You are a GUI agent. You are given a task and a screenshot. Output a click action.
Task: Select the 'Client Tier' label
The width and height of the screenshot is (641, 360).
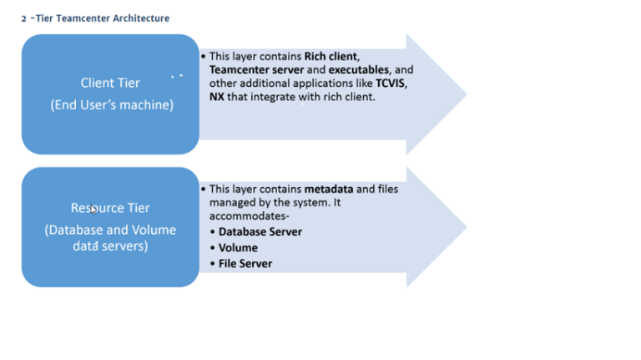point(110,83)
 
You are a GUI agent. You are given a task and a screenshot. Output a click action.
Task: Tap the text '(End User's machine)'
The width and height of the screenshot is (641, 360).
point(110,104)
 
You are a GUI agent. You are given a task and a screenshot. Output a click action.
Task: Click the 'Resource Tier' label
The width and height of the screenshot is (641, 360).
point(110,208)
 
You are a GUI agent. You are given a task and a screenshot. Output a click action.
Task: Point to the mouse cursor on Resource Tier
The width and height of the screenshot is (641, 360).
point(94,210)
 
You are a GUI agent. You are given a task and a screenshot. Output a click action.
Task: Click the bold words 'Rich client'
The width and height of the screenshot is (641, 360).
point(331,56)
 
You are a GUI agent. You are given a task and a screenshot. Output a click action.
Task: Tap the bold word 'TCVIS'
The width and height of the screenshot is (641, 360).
point(392,84)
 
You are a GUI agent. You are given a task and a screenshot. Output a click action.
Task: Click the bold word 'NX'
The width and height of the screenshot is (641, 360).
point(216,97)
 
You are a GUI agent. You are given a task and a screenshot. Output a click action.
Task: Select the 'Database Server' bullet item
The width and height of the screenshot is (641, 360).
point(260,231)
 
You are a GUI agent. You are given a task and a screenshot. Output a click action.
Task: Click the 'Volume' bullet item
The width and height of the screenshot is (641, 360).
point(238,247)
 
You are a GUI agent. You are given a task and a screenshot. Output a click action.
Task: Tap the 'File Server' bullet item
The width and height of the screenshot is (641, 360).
point(245,263)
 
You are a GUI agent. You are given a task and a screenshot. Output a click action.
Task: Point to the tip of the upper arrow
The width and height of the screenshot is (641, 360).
point(466,94)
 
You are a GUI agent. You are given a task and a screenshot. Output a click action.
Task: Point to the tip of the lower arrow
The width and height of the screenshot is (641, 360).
point(466,227)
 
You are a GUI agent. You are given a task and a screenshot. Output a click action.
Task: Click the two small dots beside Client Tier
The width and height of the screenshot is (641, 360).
point(176,76)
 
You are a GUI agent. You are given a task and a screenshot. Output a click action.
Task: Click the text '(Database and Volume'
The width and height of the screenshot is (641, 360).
point(110,230)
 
